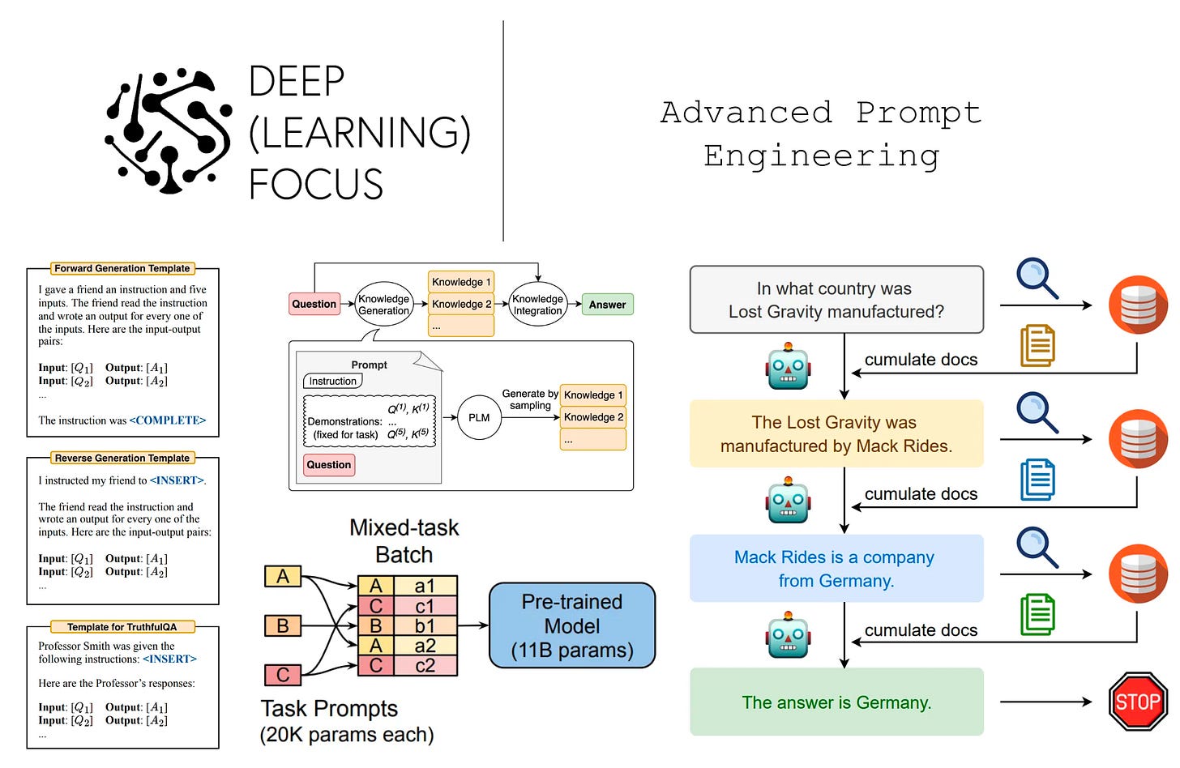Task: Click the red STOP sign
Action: (1137, 702)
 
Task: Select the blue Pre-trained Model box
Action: (572, 625)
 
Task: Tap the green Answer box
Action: (607, 305)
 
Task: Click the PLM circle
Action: (479, 417)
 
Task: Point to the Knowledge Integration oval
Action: (537, 305)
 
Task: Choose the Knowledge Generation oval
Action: (384, 305)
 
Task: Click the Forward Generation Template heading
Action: (122, 268)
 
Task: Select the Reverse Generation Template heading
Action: (122, 458)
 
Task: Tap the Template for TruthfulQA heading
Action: (122, 627)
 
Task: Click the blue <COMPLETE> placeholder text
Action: (168, 420)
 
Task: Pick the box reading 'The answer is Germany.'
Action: (836, 702)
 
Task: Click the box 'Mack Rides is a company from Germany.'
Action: (836, 569)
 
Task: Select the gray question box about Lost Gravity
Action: (836, 300)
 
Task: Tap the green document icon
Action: (1037, 614)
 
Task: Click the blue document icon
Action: (1037, 480)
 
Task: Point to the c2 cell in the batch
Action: (425, 666)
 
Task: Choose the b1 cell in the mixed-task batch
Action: (425, 625)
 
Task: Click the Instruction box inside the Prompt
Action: (332, 381)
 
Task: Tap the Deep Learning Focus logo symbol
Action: (169, 132)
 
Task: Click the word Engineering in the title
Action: (821, 156)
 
